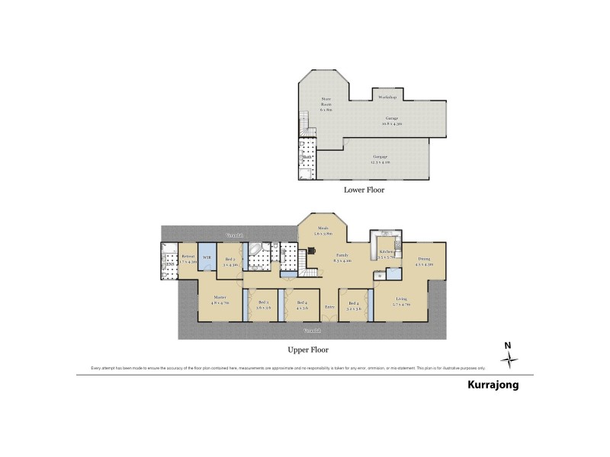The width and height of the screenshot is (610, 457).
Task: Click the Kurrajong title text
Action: point(493,385)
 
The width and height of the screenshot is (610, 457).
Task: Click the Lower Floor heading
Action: point(363,190)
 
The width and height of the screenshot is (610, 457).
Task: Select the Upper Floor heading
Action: point(309,350)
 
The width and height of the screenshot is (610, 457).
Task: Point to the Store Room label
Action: point(326,104)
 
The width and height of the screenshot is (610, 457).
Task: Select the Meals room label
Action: point(323,230)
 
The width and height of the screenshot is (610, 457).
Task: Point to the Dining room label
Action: point(424,262)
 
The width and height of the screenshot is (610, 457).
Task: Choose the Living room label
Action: point(401,302)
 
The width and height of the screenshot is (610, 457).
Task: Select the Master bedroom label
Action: point(220,299)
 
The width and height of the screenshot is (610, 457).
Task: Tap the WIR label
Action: point(207,258)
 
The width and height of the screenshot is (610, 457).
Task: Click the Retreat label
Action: point(188,258)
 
